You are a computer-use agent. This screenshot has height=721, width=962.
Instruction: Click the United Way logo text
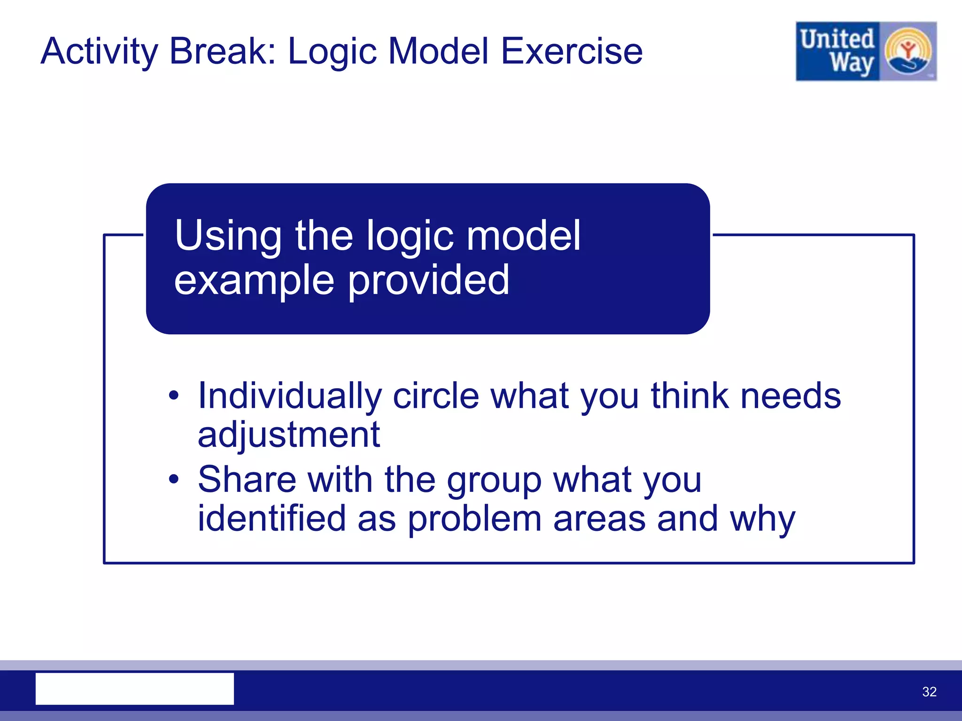tap(837, 51)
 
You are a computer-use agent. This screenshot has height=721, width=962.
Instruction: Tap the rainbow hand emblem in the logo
tap(908, 51)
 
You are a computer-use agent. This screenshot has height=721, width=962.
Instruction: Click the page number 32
tap(929, 691)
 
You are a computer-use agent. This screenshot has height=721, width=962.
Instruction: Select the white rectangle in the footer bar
tap(134, 689)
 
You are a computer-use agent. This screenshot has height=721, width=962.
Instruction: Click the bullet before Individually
tap(174, 395)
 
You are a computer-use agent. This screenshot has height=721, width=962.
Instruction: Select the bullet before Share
tap(174, 479)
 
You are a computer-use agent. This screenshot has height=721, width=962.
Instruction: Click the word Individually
tap(289, 396)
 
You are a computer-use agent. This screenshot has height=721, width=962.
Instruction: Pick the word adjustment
tap(288, 435)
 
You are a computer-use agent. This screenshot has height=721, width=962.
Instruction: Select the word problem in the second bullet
tap(474, 519)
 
